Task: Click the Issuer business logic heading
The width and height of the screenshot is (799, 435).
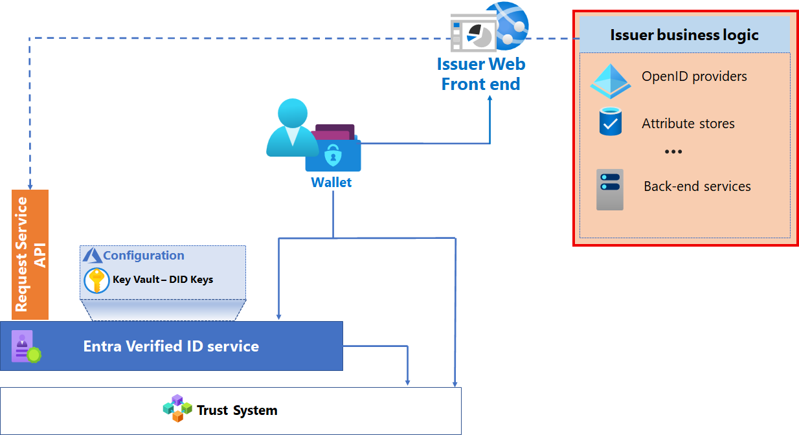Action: coord(684,35)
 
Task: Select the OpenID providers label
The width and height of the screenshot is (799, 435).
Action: coord(694,76)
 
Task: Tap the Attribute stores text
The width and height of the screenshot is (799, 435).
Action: coord(688,124)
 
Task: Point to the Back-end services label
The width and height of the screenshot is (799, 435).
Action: coord(697,186)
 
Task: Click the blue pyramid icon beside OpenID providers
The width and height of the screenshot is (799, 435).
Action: coord(610,81)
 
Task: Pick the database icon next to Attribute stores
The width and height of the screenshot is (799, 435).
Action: coord(610,122)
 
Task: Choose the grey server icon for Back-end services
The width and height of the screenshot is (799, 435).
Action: coord(610,190)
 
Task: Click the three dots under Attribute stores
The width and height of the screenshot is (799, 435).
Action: coord(673,152)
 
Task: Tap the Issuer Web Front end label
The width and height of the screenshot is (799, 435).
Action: coord(481,74)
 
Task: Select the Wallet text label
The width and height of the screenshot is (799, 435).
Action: coord(332,183)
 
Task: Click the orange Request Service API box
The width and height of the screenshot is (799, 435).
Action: coord(30,254)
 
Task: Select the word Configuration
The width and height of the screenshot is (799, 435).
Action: coord(144,255)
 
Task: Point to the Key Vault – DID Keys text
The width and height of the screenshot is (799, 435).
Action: coord(163,280)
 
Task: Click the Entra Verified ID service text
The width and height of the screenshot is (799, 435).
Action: coord(171,346)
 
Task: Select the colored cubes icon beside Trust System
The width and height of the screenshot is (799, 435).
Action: coord(177,408)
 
